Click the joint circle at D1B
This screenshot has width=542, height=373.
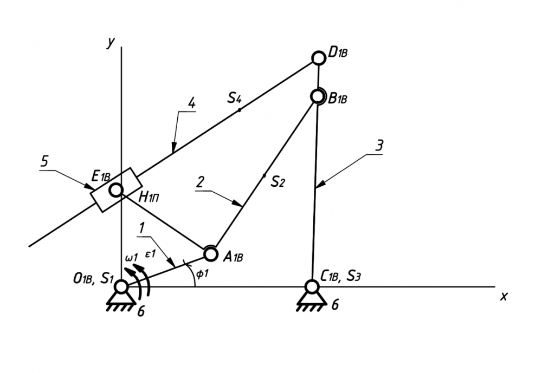pos(319,57)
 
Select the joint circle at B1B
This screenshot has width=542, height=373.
pos(319,96)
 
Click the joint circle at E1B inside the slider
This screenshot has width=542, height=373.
pos(115,190)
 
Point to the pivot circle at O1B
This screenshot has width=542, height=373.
pos(121,286)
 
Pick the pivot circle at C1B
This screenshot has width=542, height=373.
pos(312,286)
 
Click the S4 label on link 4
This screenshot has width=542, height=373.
pos(234,98)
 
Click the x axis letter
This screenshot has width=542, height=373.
pos(504,296)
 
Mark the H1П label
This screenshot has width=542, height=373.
pos(150,198)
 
